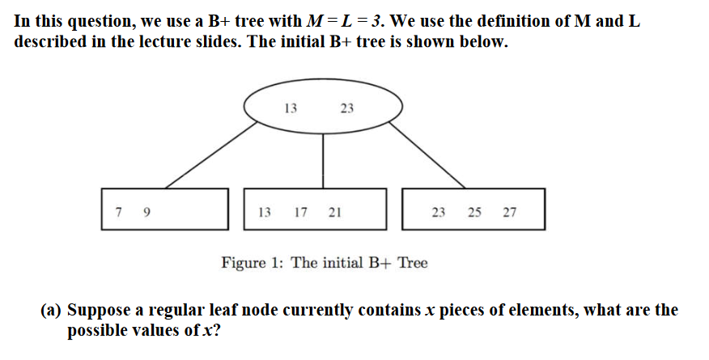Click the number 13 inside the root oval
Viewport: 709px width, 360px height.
tap(291, 108)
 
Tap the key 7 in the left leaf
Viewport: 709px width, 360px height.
tap(119, 213)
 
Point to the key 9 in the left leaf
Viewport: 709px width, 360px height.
tap(146, 213)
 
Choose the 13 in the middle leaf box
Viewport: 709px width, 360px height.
tap(265, 213)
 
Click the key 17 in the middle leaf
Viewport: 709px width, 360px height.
tap(300, 213)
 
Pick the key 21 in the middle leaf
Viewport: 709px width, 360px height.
tap(334, 213)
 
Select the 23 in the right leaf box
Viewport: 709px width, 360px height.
tap(439, 213)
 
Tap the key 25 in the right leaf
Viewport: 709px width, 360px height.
tap(474, 213)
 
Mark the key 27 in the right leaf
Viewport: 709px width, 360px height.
tap(509, 213)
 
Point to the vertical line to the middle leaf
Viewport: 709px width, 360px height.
tap(324, 162)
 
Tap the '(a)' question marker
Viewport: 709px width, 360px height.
tap(52, 311)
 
